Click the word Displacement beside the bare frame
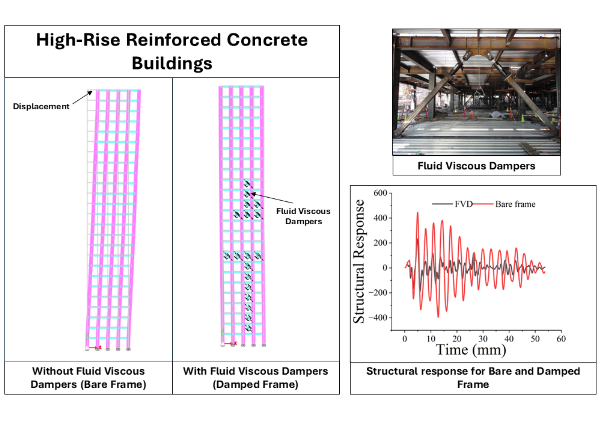tap(41, 106)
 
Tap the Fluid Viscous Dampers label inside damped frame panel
tap(303, 216)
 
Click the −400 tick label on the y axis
tap(378, 318)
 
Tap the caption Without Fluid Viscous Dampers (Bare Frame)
tap(88, 378)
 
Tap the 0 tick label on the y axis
tap(385, 268)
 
